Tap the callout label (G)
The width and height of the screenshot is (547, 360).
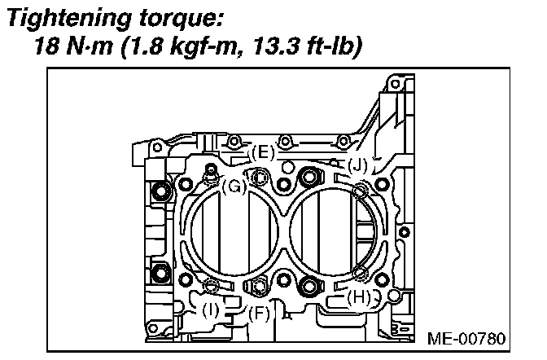tap(234, 187)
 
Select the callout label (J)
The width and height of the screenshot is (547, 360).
tap(358, 165)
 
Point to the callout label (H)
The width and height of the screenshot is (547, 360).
tap(359, 297)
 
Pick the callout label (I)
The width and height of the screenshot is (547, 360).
tap(211, 310)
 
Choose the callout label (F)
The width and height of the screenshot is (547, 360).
tap(260, 314)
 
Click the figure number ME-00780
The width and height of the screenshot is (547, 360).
tap(466, 338)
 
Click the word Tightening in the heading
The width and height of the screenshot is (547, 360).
tap(70, 18)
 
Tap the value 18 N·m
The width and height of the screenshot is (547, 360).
tap(73, 46)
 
